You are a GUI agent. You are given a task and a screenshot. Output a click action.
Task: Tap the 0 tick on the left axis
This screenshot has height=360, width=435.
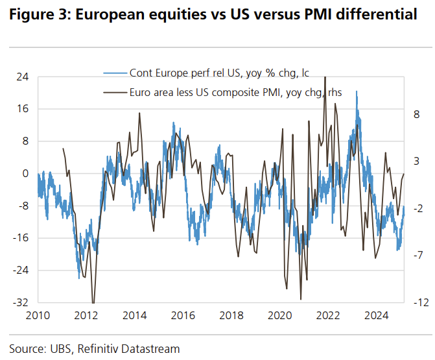click(25, 173)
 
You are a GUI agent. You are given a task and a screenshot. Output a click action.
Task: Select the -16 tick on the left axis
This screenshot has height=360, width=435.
click(22, 238)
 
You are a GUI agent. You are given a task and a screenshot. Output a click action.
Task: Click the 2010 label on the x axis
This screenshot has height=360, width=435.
click(38, 316)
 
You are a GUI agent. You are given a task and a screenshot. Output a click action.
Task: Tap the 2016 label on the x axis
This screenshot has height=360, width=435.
click(183, 316)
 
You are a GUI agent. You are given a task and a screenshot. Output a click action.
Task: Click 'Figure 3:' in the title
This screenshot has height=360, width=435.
click(39, 14)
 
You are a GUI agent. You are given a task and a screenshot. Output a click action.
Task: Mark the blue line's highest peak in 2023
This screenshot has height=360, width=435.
click(357, 92)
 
